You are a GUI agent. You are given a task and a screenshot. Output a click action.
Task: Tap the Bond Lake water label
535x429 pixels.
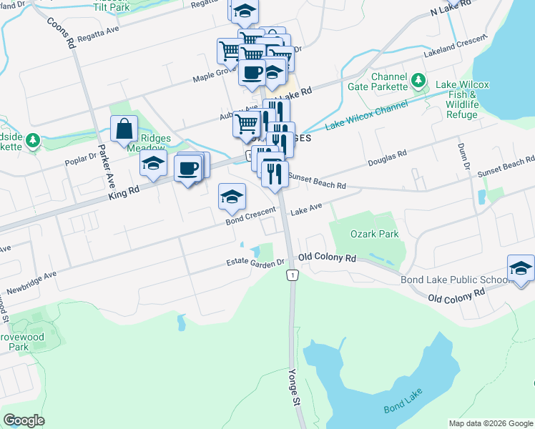tap(404, 400)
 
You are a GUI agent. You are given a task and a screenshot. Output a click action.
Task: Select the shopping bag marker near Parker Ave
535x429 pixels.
tap(124, 129)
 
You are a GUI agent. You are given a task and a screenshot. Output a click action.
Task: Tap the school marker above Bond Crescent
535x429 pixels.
tap(232, 197)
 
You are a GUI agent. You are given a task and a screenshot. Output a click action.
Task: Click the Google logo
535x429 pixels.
tap(24, 420)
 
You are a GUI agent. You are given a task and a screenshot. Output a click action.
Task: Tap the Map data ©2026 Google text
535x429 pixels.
tap(490, 423)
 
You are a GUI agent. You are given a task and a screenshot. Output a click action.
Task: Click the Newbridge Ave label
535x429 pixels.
tap(31, 283)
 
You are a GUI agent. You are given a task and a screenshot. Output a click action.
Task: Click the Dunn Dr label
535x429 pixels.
tap(463, 157)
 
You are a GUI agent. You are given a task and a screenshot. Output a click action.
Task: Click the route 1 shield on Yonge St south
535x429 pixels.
tap(291, 275)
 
